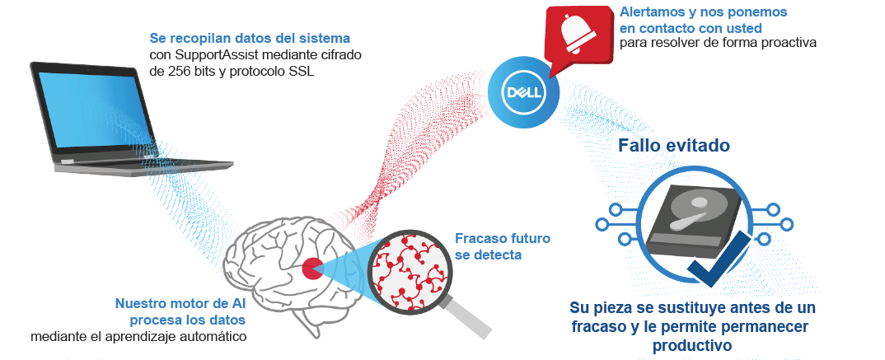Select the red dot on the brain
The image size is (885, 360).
click(312, 268)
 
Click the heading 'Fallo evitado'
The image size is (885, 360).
click(674, 146)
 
